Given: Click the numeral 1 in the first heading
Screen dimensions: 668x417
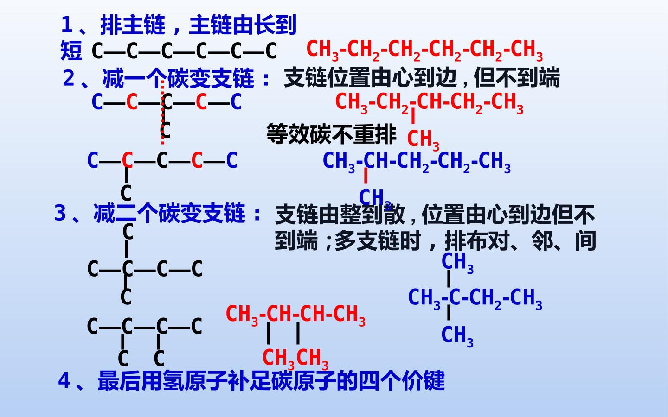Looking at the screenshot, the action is coord(67,25).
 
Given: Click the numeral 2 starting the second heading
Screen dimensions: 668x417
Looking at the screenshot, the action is coord(69,78).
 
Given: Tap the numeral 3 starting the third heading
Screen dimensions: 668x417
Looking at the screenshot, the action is coord(60,213).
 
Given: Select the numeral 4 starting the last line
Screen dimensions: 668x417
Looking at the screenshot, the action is coord(64,380).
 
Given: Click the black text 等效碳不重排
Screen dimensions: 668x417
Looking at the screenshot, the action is coord(331,134).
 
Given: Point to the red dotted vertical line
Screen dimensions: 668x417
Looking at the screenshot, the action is coord(162,112).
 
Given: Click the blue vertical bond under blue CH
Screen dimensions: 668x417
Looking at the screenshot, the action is coord(366,176).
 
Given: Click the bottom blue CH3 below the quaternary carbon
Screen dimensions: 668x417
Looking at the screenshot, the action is coord(457,336).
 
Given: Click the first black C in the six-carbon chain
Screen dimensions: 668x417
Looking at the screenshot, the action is coord(97,51).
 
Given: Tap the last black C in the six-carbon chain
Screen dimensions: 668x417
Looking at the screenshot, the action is coord(271,51).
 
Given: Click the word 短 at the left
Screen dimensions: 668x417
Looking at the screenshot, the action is coord(71,51).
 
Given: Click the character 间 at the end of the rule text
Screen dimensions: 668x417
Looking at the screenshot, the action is coord(585,240).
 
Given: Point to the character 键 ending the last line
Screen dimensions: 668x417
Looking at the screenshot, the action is coord(434,380).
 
